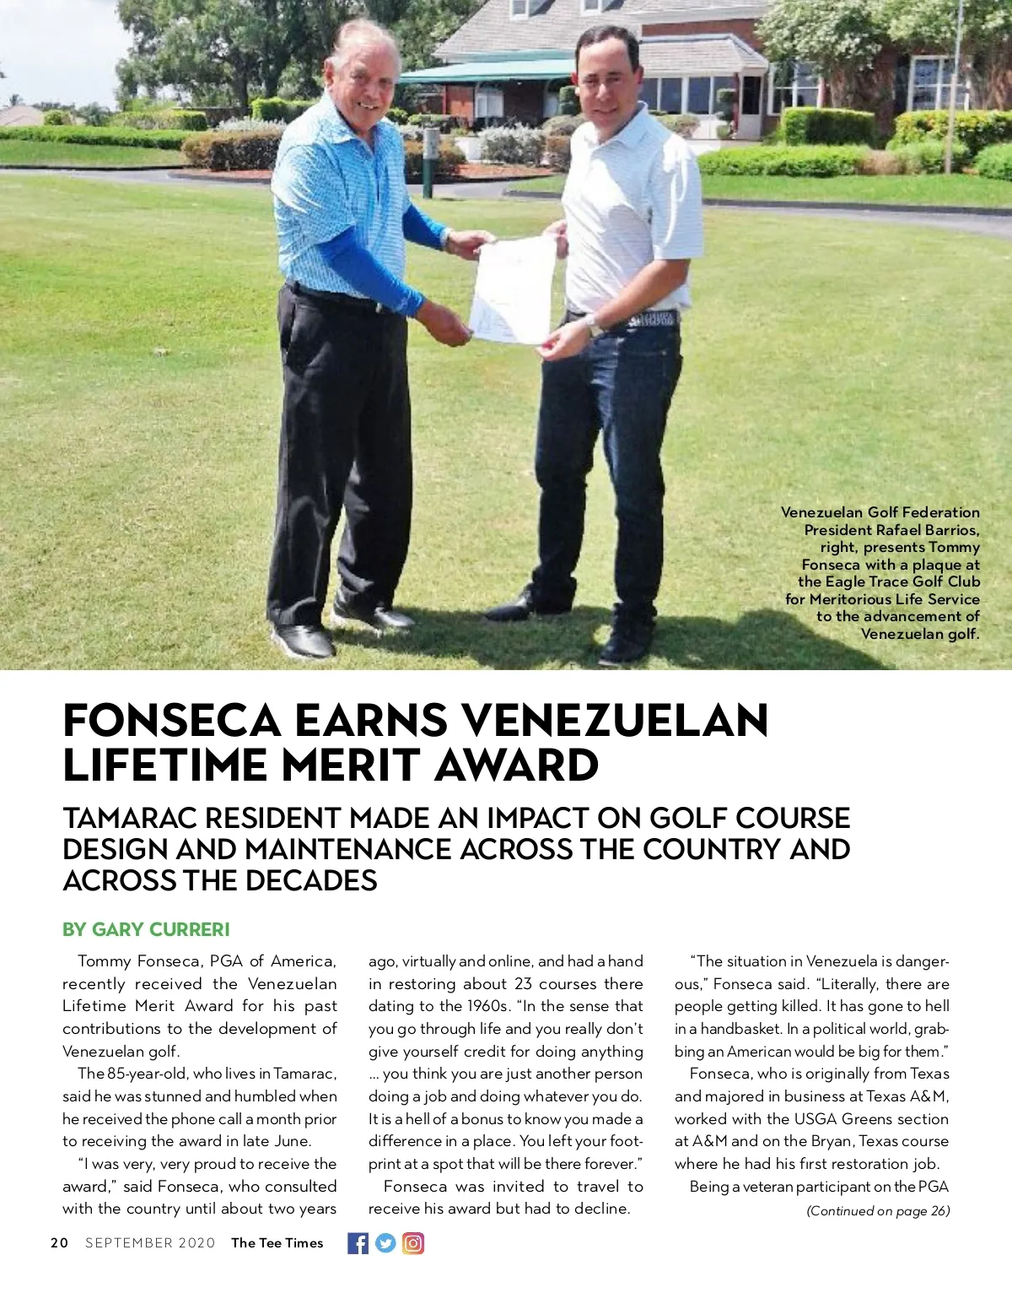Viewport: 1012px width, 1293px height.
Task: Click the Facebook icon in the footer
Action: [358, 1243]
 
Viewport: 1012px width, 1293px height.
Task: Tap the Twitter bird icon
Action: [385, 1243]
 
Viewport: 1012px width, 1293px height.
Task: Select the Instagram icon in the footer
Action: [413, 1243]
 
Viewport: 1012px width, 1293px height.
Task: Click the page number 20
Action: [59, 1243]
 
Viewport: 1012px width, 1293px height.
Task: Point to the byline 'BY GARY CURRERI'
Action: [146, 929]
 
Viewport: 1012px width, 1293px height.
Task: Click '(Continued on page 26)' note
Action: [878, 1211]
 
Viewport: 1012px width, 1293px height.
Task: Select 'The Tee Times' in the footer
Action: [277, 1243]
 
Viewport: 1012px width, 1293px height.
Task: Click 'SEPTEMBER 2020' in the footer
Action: [150, 1243]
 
